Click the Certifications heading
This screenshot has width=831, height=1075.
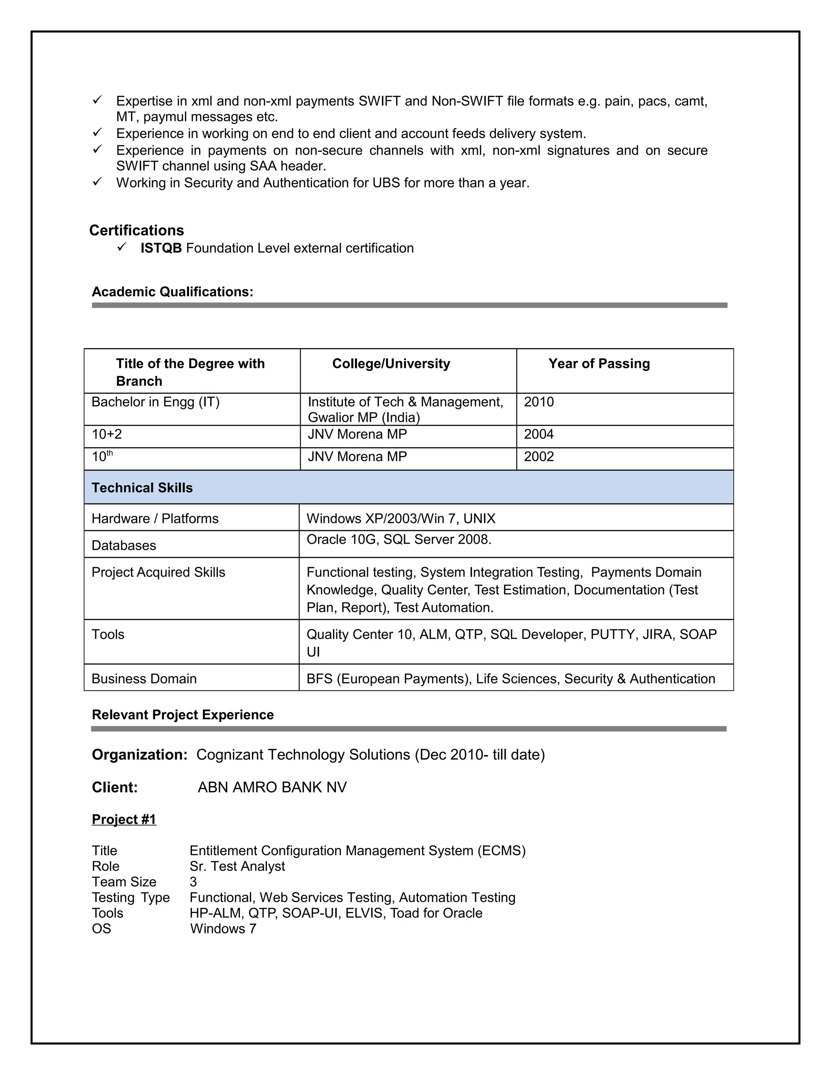coord(136,230)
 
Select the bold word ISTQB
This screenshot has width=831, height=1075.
coord(161,248)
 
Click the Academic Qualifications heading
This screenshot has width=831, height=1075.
coord(172,292)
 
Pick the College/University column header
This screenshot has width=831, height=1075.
coord(391,364)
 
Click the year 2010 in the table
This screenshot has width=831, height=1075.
coord(538,402)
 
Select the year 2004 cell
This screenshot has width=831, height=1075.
coord(538,434)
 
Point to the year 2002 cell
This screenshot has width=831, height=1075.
coord(538,457)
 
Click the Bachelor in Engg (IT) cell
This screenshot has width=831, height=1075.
coord(155,402)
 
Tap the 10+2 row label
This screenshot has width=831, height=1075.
coord(107,434)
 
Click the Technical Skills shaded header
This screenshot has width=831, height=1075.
coord(142,488)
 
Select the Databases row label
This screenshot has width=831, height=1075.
coord(124,545)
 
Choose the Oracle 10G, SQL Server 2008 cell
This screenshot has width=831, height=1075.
coord(399,540)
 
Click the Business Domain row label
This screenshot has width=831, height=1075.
coord(144,679)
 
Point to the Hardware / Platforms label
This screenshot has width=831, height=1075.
coord(155,519)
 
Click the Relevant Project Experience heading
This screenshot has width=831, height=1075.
coord(183,715)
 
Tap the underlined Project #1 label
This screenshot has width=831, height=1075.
coord(124,819)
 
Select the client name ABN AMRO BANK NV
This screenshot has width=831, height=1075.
coord(272,787)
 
